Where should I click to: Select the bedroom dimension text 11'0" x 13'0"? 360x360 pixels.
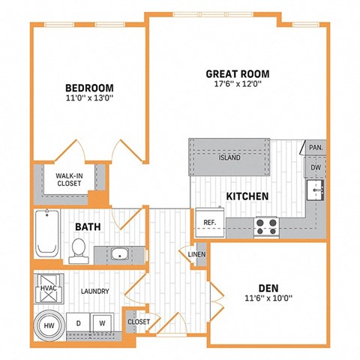[88, 96]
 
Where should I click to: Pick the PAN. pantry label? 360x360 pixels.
[316, 148]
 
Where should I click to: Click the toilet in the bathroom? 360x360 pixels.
[78, 250]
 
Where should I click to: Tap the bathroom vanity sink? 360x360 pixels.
[119, 253]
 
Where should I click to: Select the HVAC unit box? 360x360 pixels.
[47, 286]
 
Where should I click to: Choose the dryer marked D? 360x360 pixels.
[78, 323]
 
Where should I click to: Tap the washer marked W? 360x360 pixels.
[102, 323]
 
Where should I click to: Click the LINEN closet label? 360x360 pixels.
[196, 255]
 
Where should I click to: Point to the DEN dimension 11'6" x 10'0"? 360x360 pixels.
[268, 298]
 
